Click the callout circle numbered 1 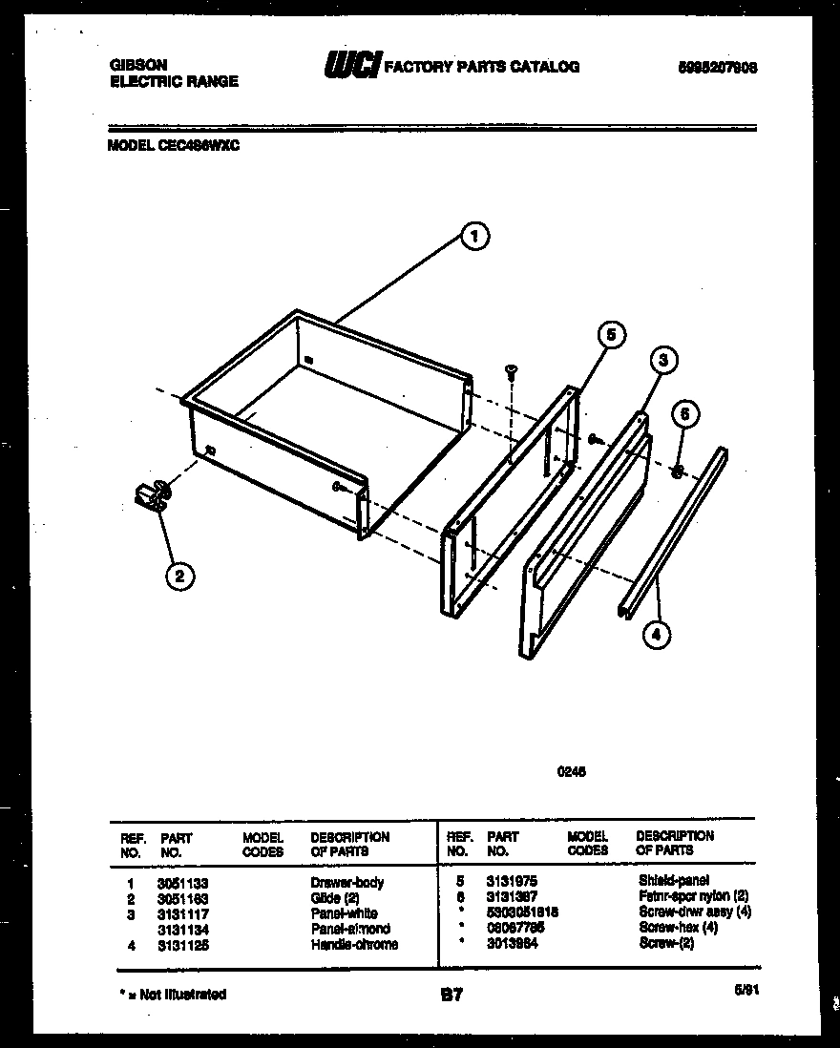tap(474, 236)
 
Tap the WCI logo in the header tap(352, 66)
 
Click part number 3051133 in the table tap(183, 883)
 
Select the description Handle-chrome tap(354, 945)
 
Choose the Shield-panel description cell tap(673, 880)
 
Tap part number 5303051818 tap(522, 912)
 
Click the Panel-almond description tap(350, 929)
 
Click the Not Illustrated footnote tap(174, 995)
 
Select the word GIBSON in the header tap(139, 65)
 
